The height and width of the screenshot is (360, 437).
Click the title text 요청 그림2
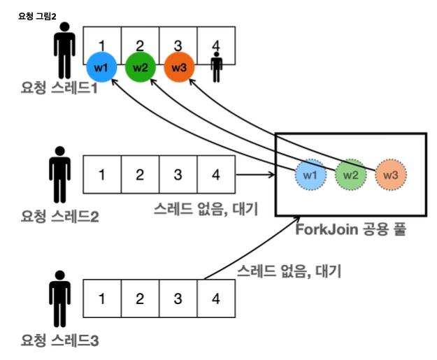37,15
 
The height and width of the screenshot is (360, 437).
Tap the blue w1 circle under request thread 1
101,68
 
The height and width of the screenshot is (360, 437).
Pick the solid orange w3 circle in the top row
178,68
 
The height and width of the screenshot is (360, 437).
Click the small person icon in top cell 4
216,65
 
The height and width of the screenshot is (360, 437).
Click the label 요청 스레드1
59,89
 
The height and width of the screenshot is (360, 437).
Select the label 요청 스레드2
59,215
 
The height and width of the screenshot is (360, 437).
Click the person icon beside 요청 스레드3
61,298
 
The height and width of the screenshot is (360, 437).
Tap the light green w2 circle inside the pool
350,175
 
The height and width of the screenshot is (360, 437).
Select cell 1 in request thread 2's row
102,174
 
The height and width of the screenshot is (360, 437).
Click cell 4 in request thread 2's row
216,174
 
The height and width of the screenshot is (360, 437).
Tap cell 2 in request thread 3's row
140,299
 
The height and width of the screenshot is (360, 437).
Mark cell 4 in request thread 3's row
216,299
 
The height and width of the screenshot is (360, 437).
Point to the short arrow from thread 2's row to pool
256,174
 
